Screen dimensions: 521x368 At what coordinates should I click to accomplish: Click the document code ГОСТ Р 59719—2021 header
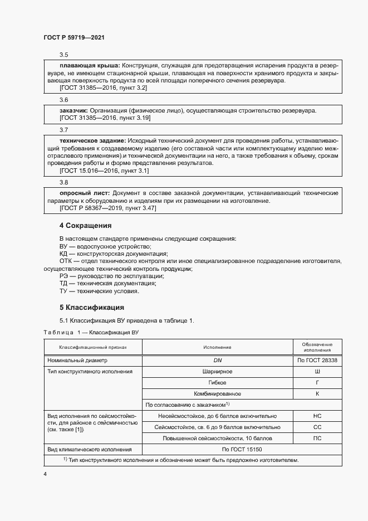click(74, 38)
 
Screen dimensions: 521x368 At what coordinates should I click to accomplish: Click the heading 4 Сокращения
click(86, 226)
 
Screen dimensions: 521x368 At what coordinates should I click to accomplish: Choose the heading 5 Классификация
click(91, 308)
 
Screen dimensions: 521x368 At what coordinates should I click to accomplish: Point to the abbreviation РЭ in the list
click(64, 276)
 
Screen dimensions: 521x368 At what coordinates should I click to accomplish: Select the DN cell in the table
click(218, 361)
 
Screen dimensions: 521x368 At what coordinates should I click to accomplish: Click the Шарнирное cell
click(218, 372)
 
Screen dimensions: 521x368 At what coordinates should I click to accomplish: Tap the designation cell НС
click(317, 416)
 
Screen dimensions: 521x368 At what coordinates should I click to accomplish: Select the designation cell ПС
click(317, 438)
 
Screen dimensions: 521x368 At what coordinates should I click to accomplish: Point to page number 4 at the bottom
click(45, 473)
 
